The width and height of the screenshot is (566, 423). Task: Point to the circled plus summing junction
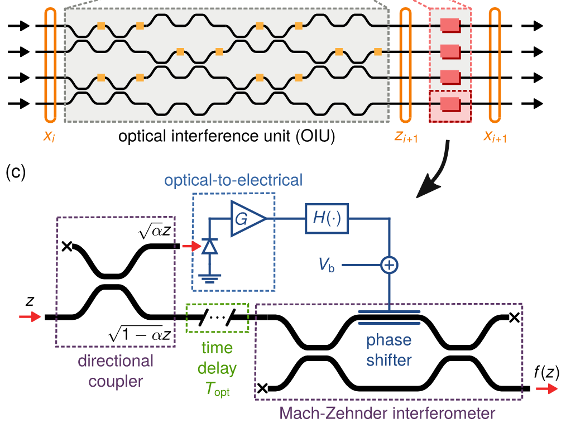[x=388, y=265]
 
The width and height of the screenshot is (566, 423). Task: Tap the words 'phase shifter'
[x=389, y=350]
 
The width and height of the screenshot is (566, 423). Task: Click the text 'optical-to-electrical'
[x=233, y=180]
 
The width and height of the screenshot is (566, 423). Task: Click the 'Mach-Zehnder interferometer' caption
[x=388, y=414]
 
